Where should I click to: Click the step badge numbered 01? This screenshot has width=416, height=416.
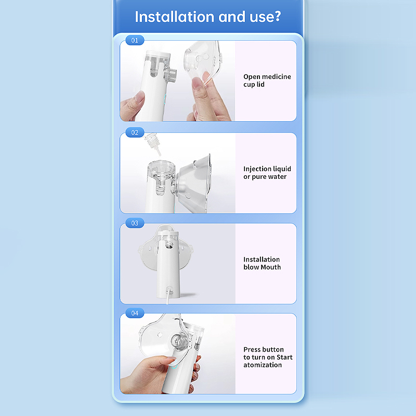coord(135,41)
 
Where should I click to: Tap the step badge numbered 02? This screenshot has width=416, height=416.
coord(135,133)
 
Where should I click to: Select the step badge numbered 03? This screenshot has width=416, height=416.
coord(135,223)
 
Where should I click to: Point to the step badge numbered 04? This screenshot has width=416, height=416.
coord(135,313)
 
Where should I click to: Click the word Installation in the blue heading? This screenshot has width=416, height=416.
coord(175,17)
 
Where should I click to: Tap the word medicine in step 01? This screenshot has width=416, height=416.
coord(277,76)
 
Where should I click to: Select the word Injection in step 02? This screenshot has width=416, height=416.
coord(256,169)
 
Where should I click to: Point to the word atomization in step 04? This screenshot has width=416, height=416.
coord(263,365)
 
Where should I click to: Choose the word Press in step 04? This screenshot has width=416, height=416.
coord(251,349)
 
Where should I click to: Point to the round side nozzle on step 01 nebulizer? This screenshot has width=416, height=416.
coord(171,73)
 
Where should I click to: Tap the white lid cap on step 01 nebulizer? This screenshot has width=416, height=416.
coord(158,55)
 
